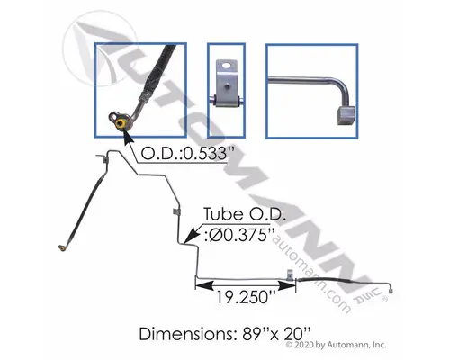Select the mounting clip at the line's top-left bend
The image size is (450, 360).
click(107, 161)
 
